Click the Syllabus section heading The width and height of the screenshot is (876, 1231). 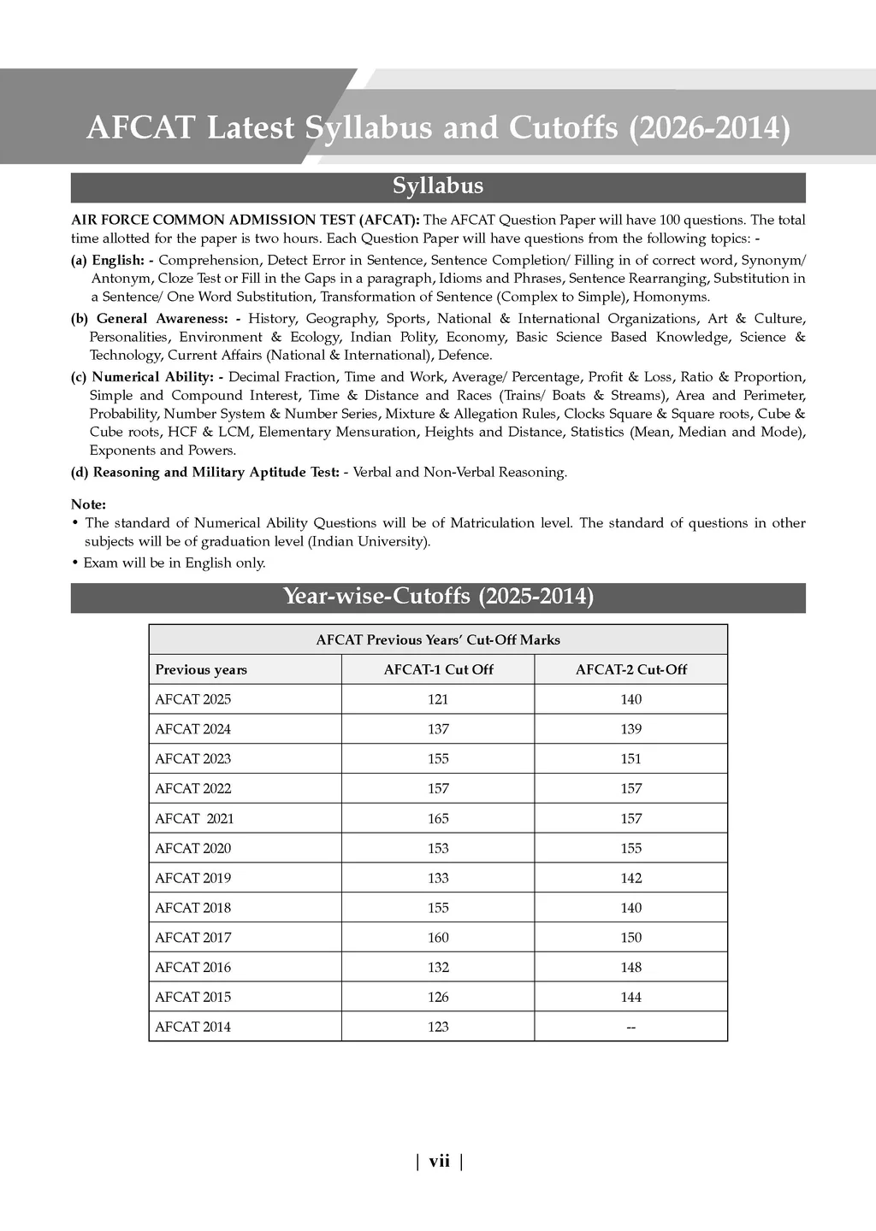438,186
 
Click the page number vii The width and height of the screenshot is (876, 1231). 439,1161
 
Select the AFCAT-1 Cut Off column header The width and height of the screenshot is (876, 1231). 438,669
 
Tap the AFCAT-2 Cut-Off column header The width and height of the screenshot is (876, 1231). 630,669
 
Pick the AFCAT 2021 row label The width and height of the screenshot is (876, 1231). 194,818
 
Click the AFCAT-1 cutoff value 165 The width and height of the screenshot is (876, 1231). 438,818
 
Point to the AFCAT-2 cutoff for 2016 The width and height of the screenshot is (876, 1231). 630,967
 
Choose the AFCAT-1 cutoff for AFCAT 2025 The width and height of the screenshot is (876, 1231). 438,699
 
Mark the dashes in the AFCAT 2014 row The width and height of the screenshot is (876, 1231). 630,1027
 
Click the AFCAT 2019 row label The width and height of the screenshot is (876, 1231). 193,878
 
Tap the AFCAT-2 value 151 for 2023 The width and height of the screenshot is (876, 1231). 630,758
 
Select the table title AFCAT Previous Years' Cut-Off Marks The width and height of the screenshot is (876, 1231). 438,639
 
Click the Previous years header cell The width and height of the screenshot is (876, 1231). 201,669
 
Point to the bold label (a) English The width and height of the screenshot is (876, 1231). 112,260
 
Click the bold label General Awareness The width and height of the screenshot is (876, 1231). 158,318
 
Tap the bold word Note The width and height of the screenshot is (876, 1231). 88,504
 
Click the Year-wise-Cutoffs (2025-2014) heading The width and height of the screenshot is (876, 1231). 438,597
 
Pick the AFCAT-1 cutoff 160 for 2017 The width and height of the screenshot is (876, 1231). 438,937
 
